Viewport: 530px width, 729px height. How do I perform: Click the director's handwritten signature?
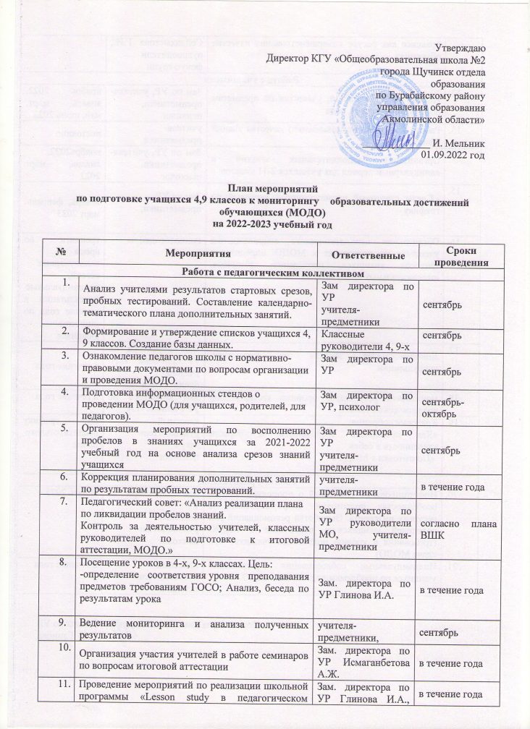tap(399, 135)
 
